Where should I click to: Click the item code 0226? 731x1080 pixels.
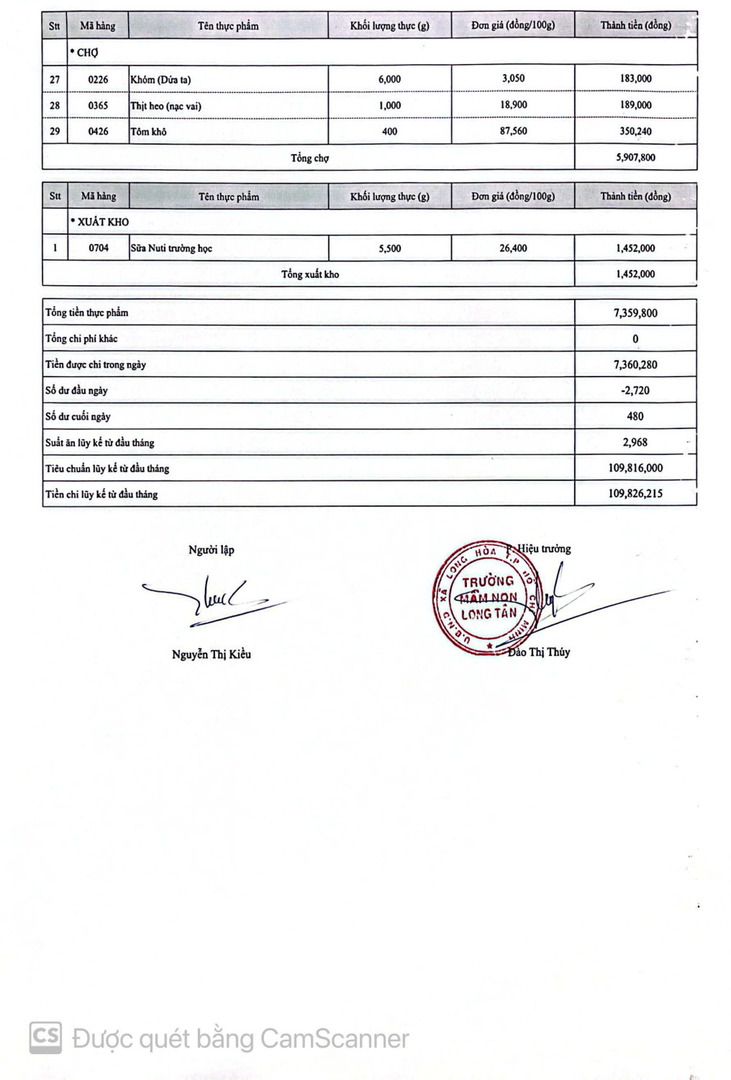tap(98, 79)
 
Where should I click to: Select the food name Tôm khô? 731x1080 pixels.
tap(148, 132)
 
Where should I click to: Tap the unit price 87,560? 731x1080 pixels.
tap(513, 131)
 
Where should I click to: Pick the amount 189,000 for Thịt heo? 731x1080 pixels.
tap(635, 105)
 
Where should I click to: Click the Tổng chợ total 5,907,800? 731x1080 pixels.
tap(635, 157)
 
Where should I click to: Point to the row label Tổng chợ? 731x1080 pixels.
tap(309, 158)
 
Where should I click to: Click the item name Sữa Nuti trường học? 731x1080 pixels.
tap(171, 248)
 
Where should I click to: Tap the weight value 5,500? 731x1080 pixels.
tap(389, 248)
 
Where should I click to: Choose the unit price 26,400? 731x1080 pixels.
tap(513, 248)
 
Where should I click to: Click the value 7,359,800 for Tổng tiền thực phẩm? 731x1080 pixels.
tap(635, 313)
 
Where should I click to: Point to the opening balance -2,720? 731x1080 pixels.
tap(635, 390)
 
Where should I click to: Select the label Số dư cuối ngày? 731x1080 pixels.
tap(78, 417)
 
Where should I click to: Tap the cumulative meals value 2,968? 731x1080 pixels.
tap(635, 442)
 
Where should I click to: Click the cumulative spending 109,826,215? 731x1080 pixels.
tap(635, 494)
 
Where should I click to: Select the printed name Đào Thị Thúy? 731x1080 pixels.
tap(539, 652)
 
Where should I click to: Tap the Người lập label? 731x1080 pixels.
tap(211, 550)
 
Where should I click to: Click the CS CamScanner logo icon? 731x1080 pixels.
tap(45, 1038)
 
